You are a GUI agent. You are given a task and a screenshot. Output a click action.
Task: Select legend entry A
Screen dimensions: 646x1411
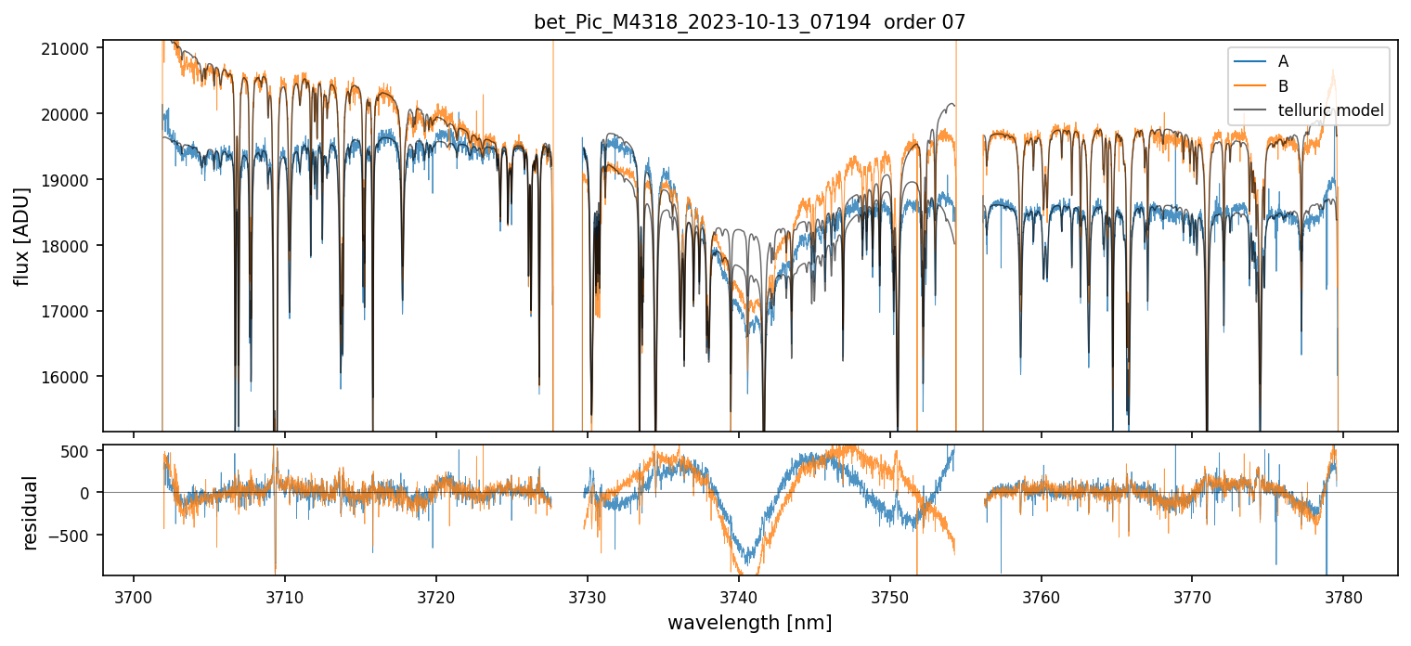click(1283, 61)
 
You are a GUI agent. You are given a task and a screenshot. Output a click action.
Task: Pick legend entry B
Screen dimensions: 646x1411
click(1283, 86)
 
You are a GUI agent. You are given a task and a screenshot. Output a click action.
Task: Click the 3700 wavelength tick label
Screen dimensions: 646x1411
click(134, 595)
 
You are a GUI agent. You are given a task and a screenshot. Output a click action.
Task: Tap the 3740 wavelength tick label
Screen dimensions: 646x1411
click(738, 595)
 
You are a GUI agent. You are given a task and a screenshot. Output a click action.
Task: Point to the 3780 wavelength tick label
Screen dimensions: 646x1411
click(1343, 595)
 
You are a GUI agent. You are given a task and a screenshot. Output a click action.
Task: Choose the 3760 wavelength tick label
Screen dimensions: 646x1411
click(1041, 595)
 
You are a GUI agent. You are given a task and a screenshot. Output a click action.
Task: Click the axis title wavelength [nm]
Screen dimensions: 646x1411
click(749, 623)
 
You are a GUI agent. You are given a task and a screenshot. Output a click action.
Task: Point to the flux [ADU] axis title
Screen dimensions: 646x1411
click(21, 236)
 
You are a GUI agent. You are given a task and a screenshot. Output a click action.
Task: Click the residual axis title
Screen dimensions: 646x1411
click(31, 512)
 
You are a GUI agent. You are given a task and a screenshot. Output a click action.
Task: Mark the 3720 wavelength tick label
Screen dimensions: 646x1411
click(435, 595)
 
